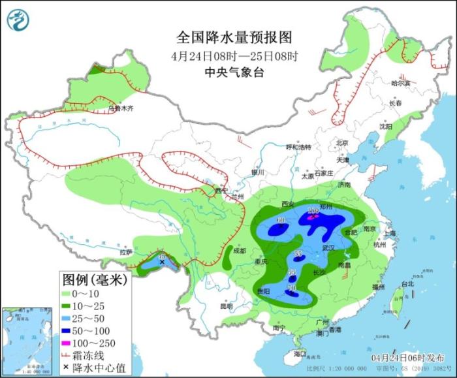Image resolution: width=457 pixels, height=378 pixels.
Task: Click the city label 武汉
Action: coord(328,249)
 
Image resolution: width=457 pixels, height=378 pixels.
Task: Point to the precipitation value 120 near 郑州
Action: coord(313,210)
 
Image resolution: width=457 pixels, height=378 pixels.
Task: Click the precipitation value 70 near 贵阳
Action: coord(292,288)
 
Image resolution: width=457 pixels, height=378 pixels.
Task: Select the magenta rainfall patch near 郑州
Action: coord(313,217)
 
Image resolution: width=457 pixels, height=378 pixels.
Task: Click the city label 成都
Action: coord(239,251)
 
